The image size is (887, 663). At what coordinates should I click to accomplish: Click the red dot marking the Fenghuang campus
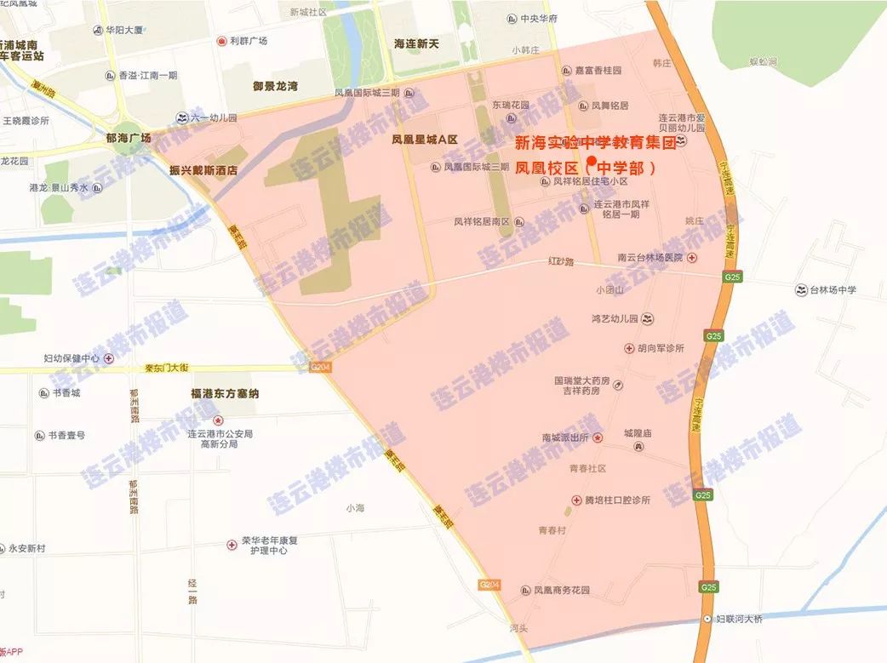pyautogui.click(x=592, y=160)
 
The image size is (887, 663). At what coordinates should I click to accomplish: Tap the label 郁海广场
pyautogui.click(x=123, y=138)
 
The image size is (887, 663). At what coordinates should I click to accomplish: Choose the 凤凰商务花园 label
pyautogui.click(x=561, y=590)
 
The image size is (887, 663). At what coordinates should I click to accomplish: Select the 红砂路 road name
pyautogui.click(x=563, y=262)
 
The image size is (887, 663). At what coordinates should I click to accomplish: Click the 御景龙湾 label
pyautogui.click(x=275, y=86)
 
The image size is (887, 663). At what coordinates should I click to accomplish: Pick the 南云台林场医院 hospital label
pyautogui.click(x=650, y=257)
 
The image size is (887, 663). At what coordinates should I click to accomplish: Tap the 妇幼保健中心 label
pyautogui.click(x=72, y=358)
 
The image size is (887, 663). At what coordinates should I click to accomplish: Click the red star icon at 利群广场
pyautogui.click(x=221, y=41)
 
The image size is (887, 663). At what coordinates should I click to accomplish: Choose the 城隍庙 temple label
pyautogui.click(x=637, y=433)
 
